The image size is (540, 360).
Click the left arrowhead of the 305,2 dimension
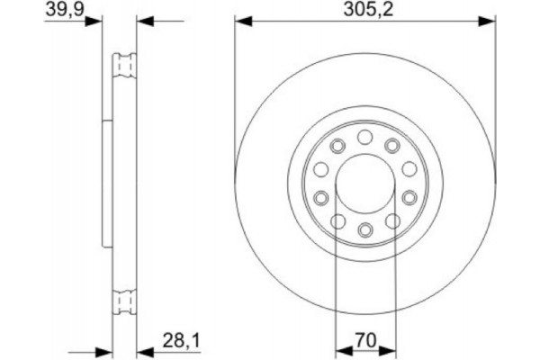point(241,20)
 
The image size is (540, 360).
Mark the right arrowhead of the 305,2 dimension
point(490,20)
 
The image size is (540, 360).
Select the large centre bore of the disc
point(365,183)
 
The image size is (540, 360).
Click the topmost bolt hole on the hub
point(365,136)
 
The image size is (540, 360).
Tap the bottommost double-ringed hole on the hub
point(365,229)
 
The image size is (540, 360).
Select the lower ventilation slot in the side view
point(124,302)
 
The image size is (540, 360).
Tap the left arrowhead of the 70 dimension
point(340,350)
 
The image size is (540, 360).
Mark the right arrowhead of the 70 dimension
point(390,350)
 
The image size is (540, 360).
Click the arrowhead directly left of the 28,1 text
point(145,350)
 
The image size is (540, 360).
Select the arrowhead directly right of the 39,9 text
point(94,20)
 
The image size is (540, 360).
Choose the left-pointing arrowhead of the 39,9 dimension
point(146,20)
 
